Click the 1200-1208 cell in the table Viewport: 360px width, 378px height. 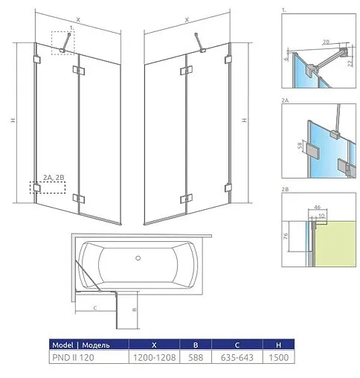[154, 357]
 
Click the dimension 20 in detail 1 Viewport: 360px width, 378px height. [326, 42]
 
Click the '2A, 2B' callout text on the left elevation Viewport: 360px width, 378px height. [54, 176]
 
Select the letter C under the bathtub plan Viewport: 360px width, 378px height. [95, 306]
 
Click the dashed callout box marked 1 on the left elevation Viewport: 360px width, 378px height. [62, 42]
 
